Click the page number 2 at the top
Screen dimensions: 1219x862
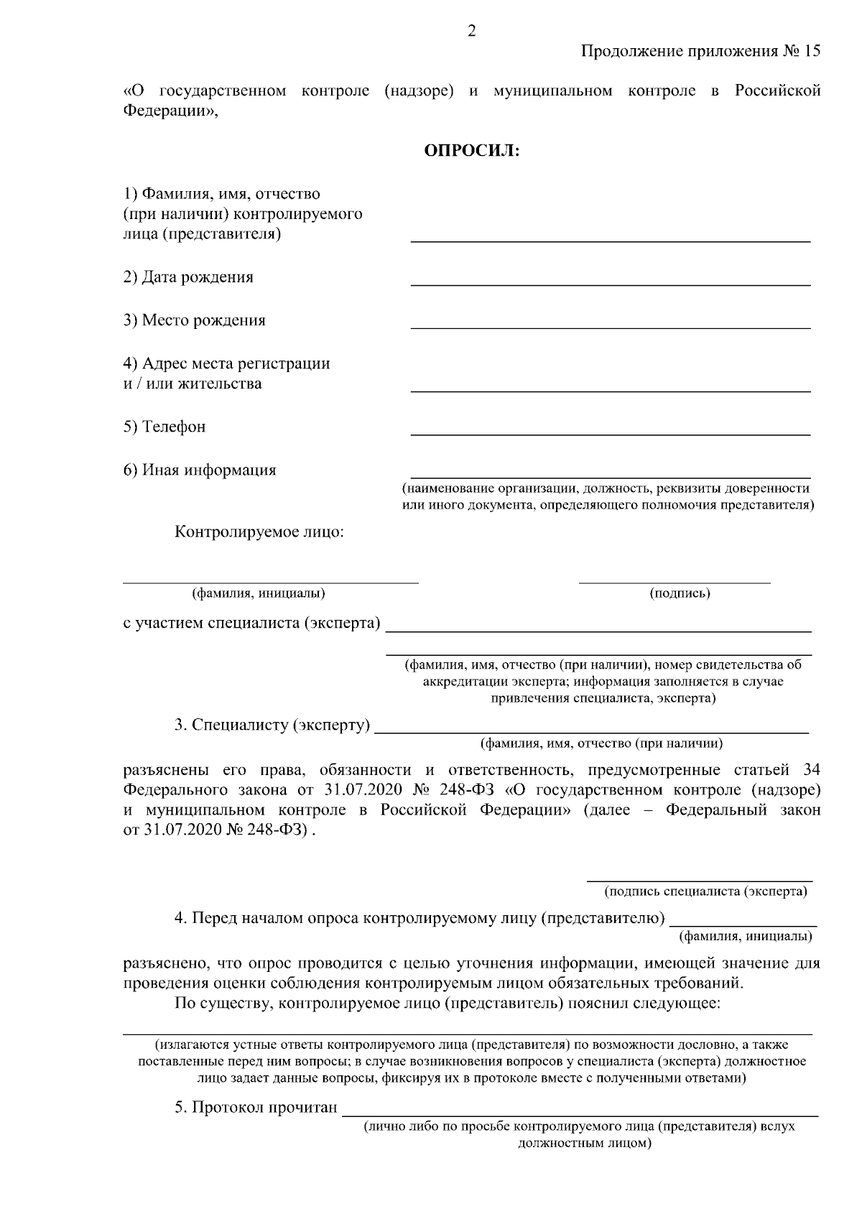(471, 30)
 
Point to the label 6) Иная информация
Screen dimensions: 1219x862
(200, 470)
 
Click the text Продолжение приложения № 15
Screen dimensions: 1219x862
(700, 52)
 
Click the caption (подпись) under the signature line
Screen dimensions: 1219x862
(680, 593)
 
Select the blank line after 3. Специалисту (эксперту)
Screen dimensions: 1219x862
(592, 731)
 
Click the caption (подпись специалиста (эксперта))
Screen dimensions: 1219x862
(706, 891)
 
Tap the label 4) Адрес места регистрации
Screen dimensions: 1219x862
(227, 363)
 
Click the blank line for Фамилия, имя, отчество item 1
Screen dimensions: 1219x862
(610, 241)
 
